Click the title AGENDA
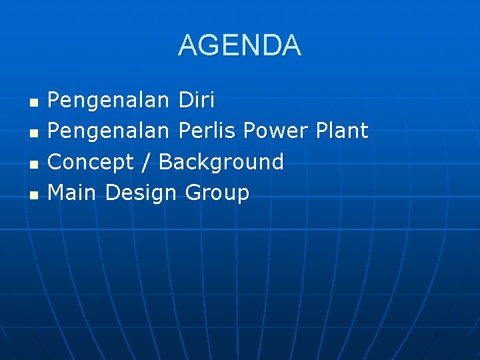click(x=240, y=45)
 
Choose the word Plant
click(x=341, y=131)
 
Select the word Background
click(x=221, y=163)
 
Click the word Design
click(x=141, y=193)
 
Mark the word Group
click(x=217, y=193)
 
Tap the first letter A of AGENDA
click(x=189, y=45)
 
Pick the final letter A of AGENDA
click(x=291, y=45)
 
